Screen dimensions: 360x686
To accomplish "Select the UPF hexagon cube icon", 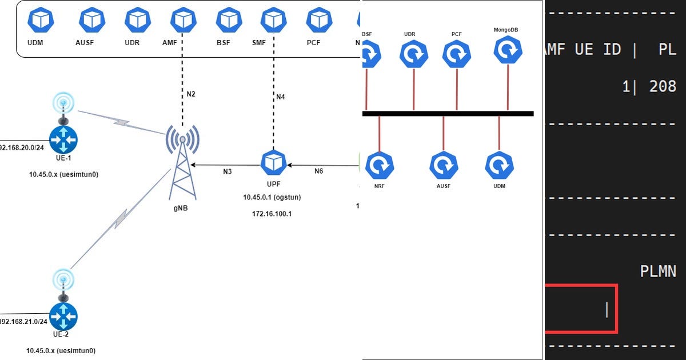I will pyautogui.click(x=273, y=163).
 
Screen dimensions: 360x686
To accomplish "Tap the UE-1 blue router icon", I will pyautogui.click(x=63, y=139).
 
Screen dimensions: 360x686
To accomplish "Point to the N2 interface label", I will pyautogui.click(x=191, y=93).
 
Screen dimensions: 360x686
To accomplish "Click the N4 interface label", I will pyautogui.click(x=280, y=97).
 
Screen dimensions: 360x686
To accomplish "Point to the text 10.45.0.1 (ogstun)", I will pyautogui.click(x=272, y=197).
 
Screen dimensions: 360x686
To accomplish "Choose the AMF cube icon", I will pyautogui.click(x=183, y=21).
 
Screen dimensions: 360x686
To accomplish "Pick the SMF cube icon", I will pyautogui.click(x=273, y=21).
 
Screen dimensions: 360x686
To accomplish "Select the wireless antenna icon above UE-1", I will pyautogui.click(x=63, y=106).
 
